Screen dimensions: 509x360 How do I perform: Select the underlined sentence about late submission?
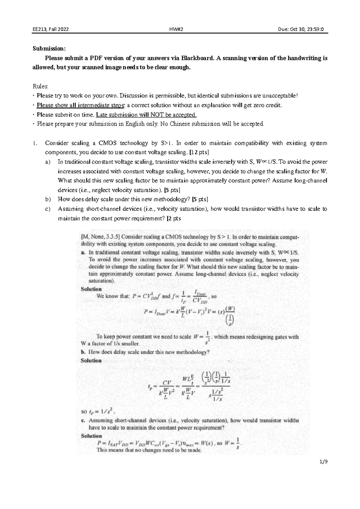(146, 115)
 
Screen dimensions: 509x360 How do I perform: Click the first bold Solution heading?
(91, 289)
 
